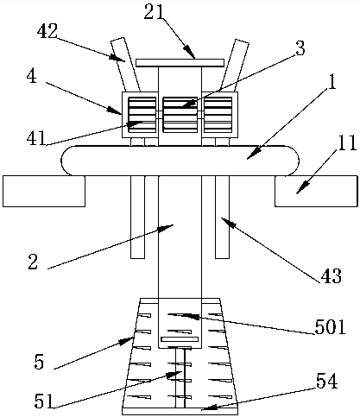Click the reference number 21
coord(154,12)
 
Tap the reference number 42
coord(47,31)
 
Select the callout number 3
coord(300,48)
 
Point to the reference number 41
coord(36,138)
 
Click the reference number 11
coord(347,142)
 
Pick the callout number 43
coord(331,276)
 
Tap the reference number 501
coord(330,327)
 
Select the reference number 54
coord(326,382)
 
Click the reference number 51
coord(44,401)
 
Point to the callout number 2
coord(33,262)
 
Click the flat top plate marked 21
coord(180,62)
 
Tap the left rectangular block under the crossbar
coord(44,191)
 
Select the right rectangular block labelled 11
coord(316,191)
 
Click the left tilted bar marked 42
coord(125,65)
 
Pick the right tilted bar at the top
coord(235,65)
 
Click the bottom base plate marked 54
coord(180,411)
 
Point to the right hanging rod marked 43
coord(222,217)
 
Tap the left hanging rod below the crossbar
coord(137,217)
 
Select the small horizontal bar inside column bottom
coord(180,339)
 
